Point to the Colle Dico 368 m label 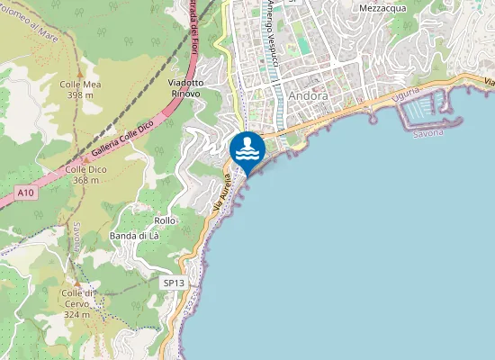[x=85, y=175]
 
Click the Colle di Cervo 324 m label [x=77, y=303]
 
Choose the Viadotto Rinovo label [x=185, y=88]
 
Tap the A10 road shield [x=25, y=193]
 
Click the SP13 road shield [x=174, y=283]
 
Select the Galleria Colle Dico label [x=118, y=148]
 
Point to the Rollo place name [x=165, y=220]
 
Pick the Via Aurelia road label [x=222, y=193]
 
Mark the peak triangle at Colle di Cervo [x=76, y=283]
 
